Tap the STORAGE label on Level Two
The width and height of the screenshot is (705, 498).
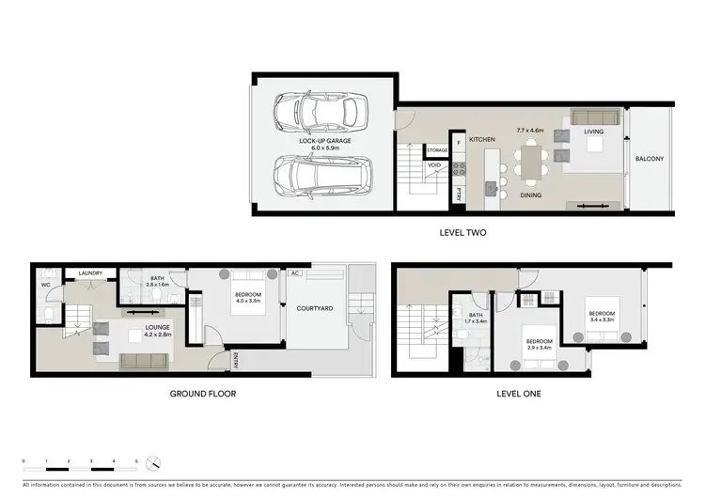pyautogui.click(x=437, y=150)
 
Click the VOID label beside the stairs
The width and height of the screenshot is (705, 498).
pyautogui.click(x=434, y=165)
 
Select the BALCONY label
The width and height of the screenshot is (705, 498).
pyautogui.click(x=650, y=159)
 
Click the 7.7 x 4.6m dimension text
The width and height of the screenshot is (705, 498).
pyautogui.click(x=531, y=131)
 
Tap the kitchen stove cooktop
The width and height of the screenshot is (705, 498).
pyautogui.click(x=460, y=170)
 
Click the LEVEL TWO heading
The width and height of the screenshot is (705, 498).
pyautogui.click(x=462, y=232)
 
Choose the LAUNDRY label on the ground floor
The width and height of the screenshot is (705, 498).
pyautogui.click(x=90, y=273)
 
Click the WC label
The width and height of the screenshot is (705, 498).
pyautogui.click(x=45, y=284)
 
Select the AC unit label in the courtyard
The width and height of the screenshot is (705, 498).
pyautogui.click(x=295, y=273)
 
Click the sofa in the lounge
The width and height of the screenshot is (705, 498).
pyautogui.click(x=145, y=361)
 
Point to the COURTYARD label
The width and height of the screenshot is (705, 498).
pyautogui.click(x=315, y=307)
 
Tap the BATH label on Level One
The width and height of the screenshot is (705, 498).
pyautogui.click(x=476, y=316)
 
